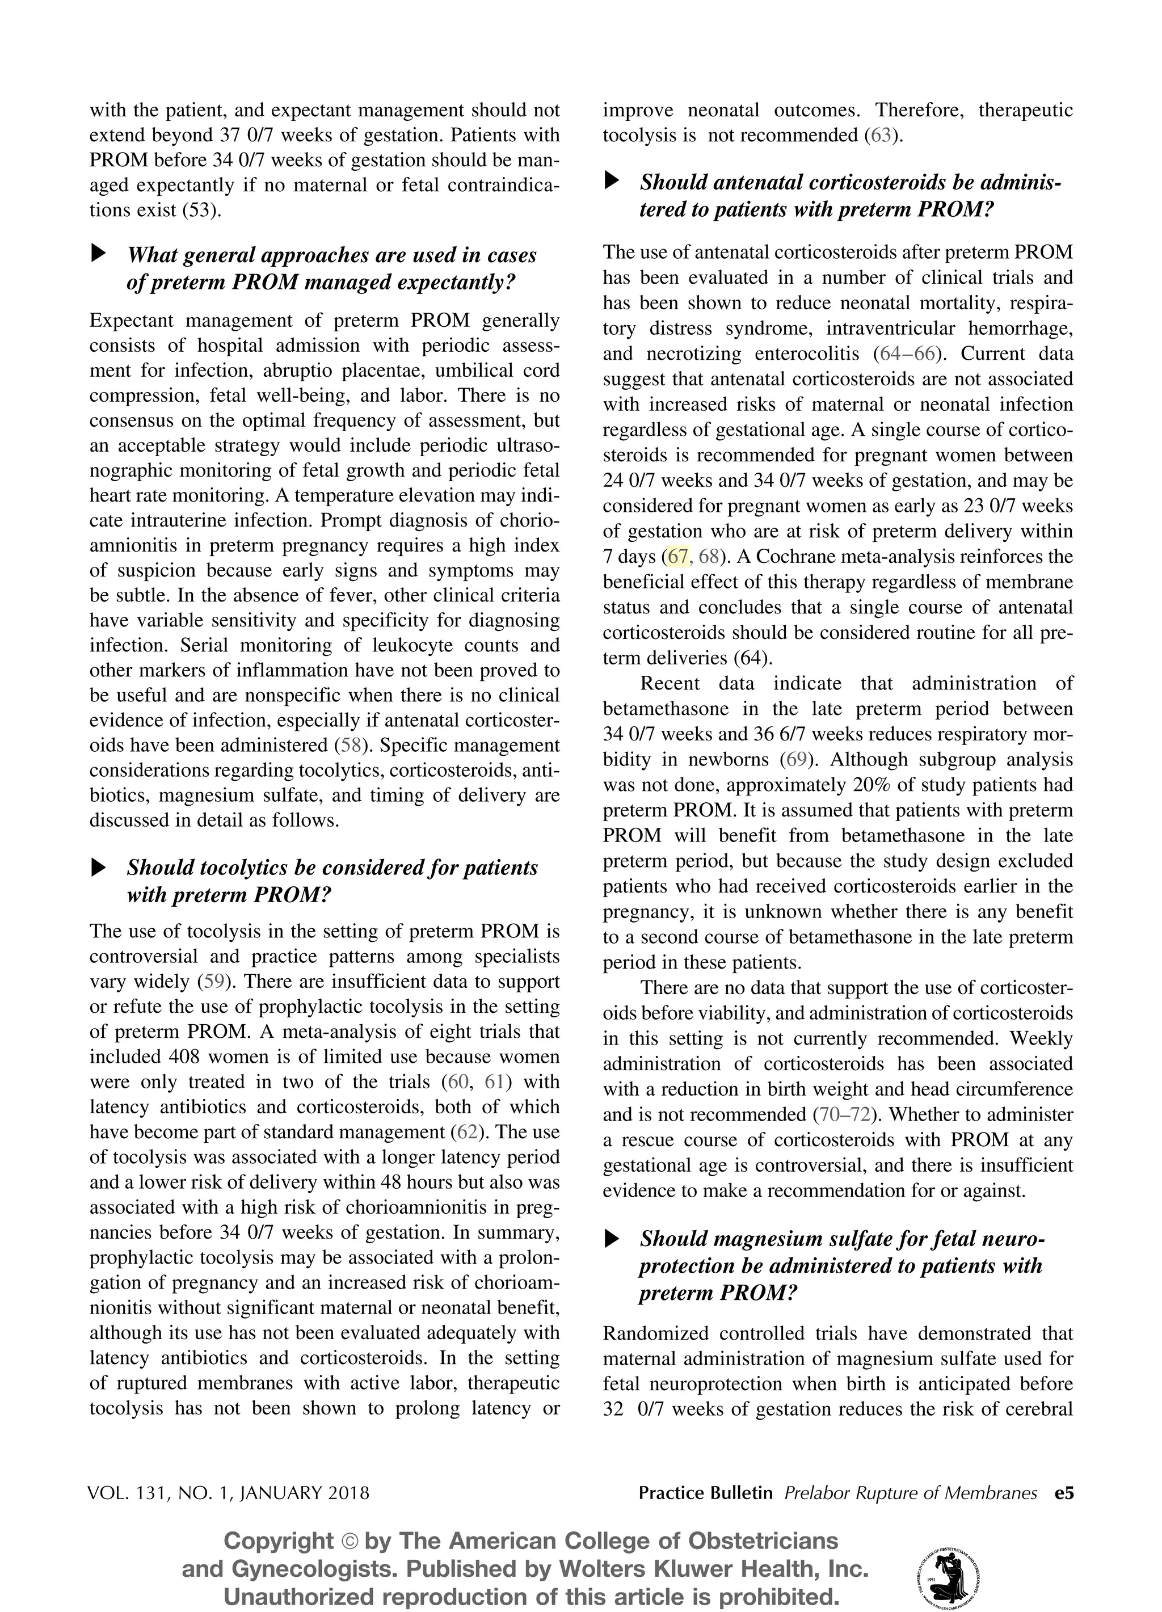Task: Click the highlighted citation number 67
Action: (678, 557)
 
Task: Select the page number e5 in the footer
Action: (1064, 1493)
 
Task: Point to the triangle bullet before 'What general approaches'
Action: (99, 253)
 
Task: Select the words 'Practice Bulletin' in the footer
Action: (705, 1493)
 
